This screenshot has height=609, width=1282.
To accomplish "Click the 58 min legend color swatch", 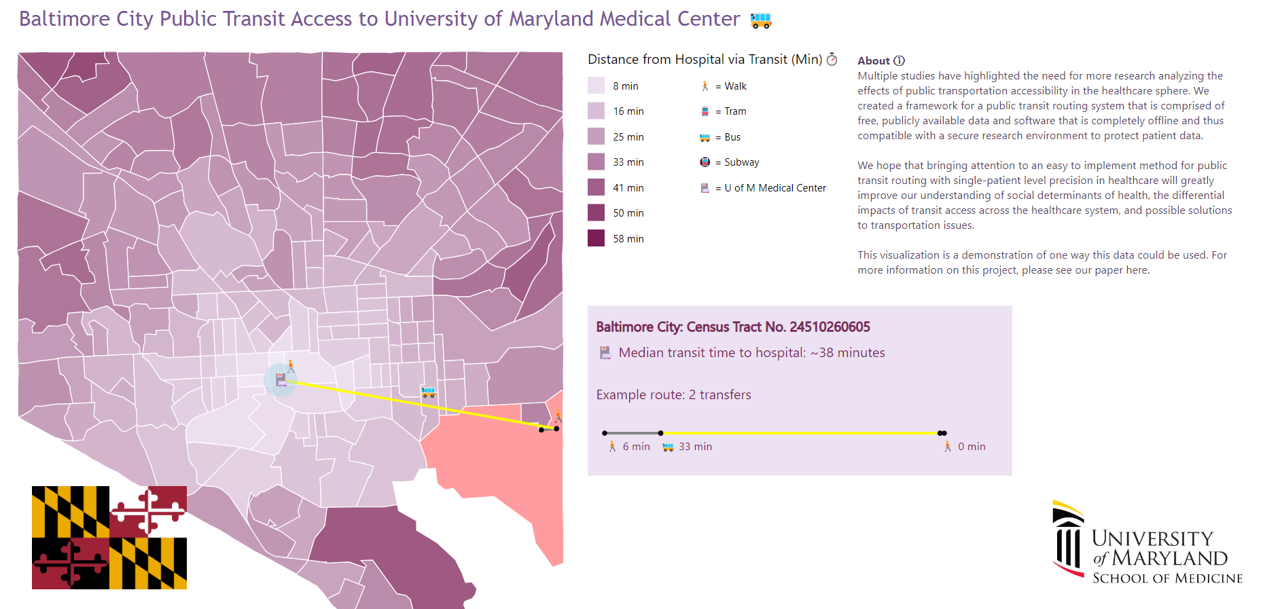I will coord(596,238).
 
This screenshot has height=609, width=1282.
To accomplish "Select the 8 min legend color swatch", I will coord(596,86).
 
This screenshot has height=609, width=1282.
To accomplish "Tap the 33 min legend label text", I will coord(628,162).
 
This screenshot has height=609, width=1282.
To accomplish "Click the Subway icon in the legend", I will coord(705,162).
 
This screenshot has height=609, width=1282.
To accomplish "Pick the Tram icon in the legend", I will coord(705,111).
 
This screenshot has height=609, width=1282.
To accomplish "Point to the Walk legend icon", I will coord(705,86).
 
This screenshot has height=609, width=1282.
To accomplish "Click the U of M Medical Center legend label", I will coord(774,188).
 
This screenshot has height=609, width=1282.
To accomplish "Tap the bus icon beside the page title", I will coord(760,21).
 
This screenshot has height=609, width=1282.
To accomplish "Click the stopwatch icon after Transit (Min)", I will coord(832,60).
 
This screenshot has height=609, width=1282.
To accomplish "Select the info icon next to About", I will coord(899,60).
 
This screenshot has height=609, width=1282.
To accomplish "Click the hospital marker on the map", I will coord(281,380).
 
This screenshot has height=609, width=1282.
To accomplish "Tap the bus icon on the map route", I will coord(428,392).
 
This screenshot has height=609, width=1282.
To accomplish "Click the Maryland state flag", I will coord(109,537).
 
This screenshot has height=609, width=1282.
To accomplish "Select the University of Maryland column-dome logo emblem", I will coord(1068,540).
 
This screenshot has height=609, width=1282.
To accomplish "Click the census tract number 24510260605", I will coord(830,327).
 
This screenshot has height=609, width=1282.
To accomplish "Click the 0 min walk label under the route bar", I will coord(971,447).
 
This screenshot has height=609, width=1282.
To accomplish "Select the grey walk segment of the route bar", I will coord(632,432).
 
